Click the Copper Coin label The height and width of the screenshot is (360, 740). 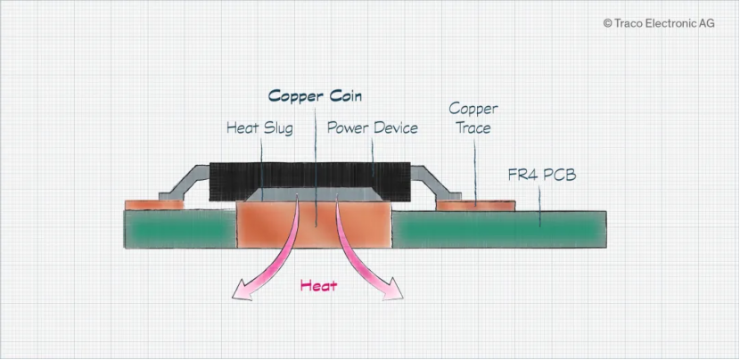click(x=316, y=96)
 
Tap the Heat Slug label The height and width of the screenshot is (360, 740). click(x=259, y=128)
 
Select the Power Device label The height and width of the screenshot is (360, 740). click(x=372, y=128)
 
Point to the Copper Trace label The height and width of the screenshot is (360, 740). click(x=473, y=118)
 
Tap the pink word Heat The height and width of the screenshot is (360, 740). click(x=318, y=286)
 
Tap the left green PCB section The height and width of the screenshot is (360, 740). click(x=178, y=230)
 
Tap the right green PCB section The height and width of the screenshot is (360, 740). click(x=499, y=230)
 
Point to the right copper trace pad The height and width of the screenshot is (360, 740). click(x=476, y=205)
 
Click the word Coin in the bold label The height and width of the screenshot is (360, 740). click(x=343, y=96)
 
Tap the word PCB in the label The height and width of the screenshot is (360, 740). click(x=558, y=175)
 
